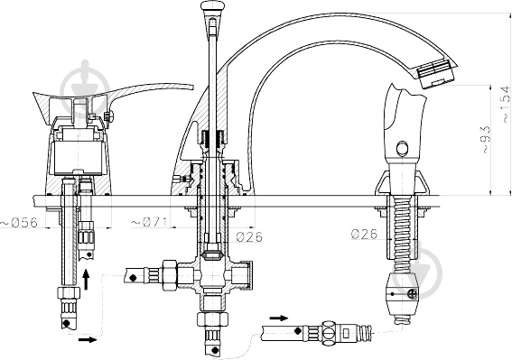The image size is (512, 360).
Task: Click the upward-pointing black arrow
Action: [x=88, y=276]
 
